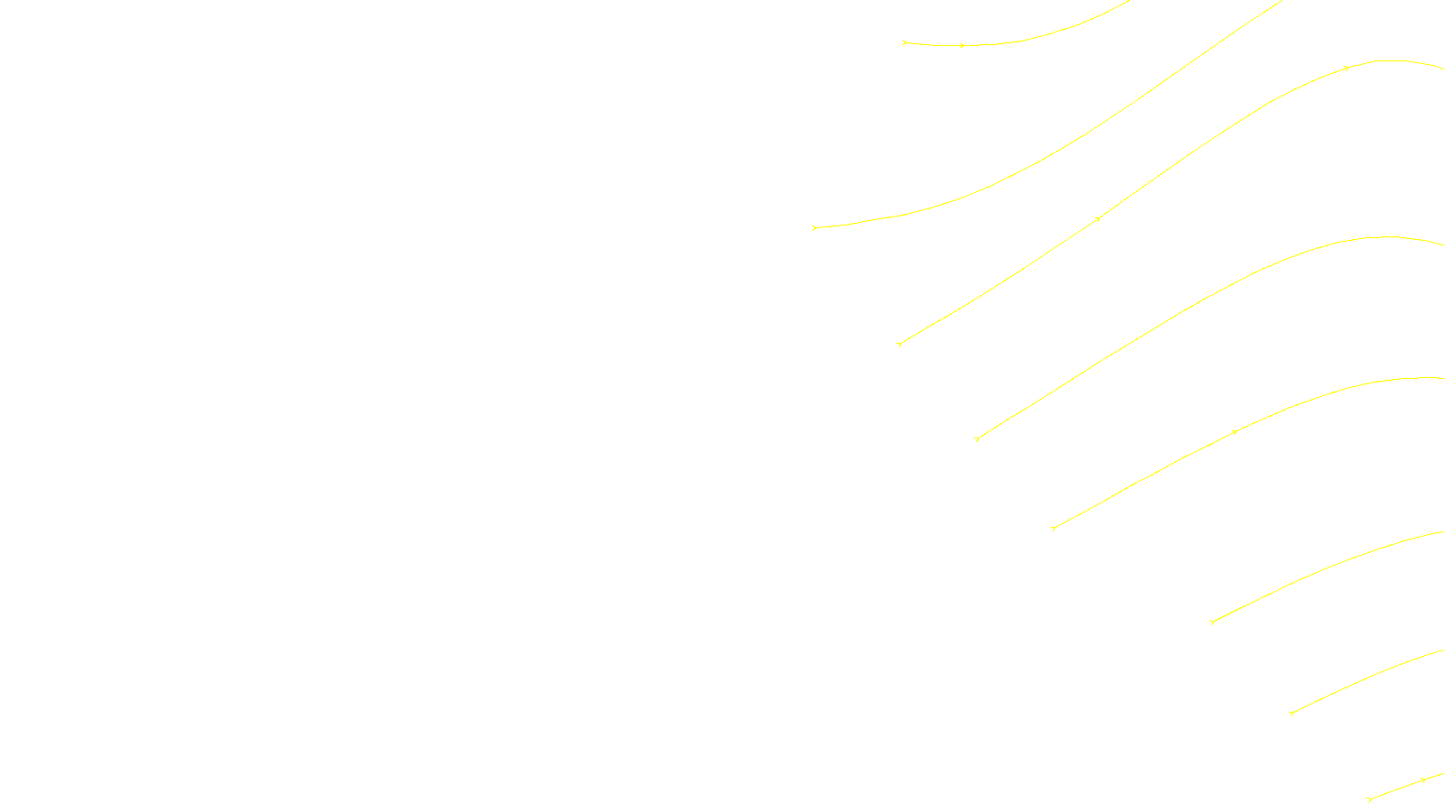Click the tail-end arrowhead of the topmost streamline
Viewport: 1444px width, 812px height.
coord(904,42)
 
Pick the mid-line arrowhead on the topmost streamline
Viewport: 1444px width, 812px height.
coord(962,45)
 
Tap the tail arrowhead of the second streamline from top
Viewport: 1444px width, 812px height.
coord(814,227)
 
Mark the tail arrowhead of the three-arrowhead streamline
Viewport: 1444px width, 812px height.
coord(899,344)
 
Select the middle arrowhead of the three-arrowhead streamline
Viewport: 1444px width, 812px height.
coord(1097,218)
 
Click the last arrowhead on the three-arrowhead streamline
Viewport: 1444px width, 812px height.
coord(1347,68)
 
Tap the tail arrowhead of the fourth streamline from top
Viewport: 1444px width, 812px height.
coord(977,438)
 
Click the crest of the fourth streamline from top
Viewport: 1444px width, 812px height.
coord(1385,237)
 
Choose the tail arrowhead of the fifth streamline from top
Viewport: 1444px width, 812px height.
coord(1053,528)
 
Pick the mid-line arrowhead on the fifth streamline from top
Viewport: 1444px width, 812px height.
coord(1235,432)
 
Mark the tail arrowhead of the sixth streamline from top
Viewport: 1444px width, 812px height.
coord(1211,622)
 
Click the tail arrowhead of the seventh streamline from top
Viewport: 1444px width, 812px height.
coord(1291,713)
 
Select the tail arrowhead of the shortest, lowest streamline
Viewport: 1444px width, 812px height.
coord(1369,798)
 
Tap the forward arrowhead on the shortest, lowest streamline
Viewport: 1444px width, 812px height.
coord(1423,780)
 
